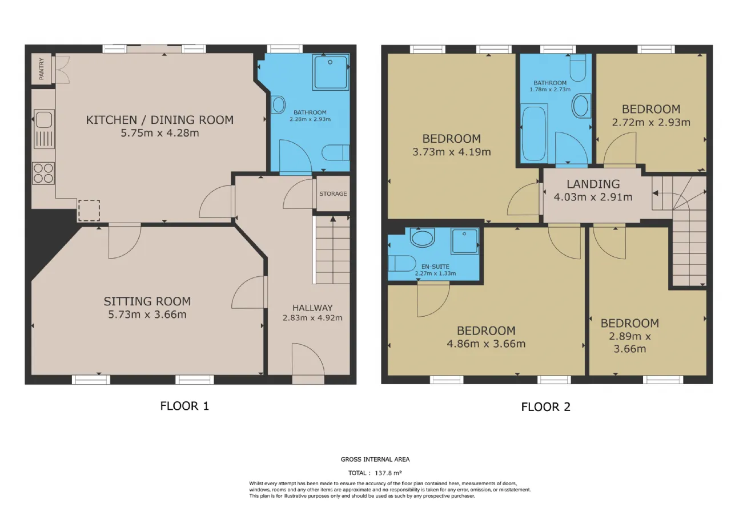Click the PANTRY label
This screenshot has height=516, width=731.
[42, 69]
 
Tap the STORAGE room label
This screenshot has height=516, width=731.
[333, 193]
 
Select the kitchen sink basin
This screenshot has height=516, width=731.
[44, 119]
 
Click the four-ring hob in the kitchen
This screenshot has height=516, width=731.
[43, 173]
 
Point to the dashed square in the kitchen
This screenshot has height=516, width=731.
[89, 211]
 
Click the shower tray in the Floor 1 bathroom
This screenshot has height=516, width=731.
[330, 72]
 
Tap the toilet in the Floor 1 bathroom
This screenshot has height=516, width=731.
[335, 152]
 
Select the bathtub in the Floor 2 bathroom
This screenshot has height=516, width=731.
[534, 133]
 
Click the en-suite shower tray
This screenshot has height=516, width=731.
[465, 241]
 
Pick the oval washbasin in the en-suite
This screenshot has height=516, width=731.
[423, 237]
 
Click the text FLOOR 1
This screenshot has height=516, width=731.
[184, 406]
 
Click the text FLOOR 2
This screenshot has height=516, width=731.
[545, 407]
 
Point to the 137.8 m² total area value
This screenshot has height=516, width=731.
[388, 473]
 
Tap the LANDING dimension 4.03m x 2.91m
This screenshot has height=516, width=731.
[593, 197]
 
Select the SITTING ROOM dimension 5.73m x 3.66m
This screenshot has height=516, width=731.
[147, 315]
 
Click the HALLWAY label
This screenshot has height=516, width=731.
[312, 308]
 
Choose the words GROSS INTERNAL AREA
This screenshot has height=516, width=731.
[375, 459]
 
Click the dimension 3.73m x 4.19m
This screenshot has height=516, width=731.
[452, 152]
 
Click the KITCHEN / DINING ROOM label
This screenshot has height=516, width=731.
[159, 120]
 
